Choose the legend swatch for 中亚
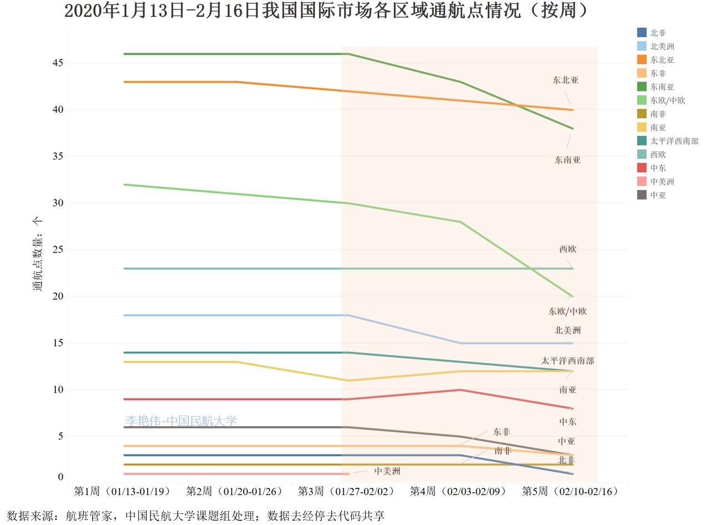point(642,195)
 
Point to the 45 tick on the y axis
point(57,63)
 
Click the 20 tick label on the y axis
point(57,297)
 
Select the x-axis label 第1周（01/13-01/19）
point(123,492)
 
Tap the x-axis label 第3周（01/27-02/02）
point(346,492)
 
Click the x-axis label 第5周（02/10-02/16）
point(570,492)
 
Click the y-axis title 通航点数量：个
point(37,253)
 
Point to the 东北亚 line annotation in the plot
point(565,80)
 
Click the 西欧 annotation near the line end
point(568,249)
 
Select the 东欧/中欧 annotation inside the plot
point(568,312)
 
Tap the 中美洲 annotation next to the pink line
point(387,471)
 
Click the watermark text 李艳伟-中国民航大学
point(181,421)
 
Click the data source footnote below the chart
point(195,516)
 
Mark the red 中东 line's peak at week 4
point(460,390)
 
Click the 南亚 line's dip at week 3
point(348,381)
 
